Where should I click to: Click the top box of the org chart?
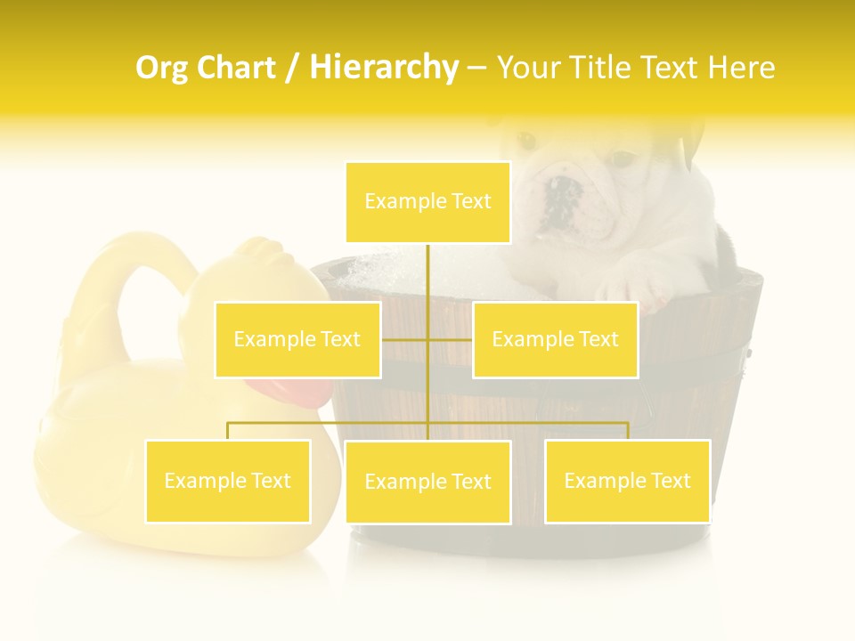coord(427,202)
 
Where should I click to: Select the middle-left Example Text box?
coord(297,339)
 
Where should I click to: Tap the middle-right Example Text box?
coord(555,339)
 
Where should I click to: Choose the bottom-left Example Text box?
coord(228,481)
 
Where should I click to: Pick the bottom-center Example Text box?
coord(427,482)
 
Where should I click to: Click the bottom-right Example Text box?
coord(627,481)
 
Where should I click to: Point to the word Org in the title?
coord(159,68)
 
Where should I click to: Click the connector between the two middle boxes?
coord(427,339)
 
